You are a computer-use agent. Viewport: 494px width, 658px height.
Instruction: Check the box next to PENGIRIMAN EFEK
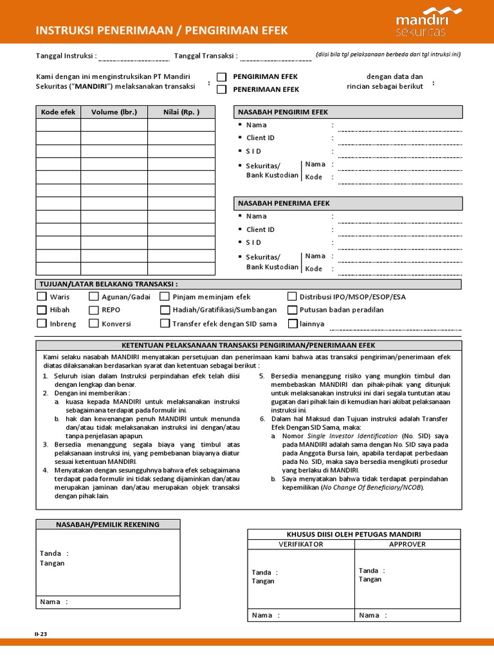tap(222, 77)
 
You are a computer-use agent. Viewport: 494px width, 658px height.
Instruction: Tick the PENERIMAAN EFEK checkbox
tap(222, 90)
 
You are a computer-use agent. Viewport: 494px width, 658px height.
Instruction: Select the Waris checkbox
tap(42, 297)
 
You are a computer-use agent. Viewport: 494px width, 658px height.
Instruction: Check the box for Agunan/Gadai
tap(94, 297)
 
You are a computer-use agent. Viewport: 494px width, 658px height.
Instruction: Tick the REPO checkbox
tap(94, 310)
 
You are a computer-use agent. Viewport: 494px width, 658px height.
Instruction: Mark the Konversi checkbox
tap(94, 324)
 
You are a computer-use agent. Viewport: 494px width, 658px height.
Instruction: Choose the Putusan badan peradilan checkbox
tap(293, 310)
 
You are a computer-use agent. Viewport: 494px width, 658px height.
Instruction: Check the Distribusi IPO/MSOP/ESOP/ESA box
tap(293, 297)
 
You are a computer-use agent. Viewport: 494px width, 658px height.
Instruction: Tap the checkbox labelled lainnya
tap(293, 324)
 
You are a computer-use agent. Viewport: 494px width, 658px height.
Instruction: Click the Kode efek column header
tap(58, 112)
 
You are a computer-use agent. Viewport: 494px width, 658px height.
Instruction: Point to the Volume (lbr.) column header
tap(114, 112)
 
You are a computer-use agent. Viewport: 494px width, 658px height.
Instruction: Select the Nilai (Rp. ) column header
tap(181, 112)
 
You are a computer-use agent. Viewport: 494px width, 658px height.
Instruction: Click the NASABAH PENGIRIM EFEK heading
tap(283, 112)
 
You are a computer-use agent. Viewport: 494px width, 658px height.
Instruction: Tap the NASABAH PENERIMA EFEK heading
tap(284, 204)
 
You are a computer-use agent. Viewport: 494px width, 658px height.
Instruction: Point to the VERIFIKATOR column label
tap(301, 544)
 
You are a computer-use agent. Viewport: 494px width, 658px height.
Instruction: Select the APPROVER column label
tap(407, 544)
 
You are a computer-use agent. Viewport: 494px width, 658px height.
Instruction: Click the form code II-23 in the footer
tap(41, 634)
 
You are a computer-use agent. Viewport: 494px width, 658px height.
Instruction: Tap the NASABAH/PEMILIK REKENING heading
tap(107, 525)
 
